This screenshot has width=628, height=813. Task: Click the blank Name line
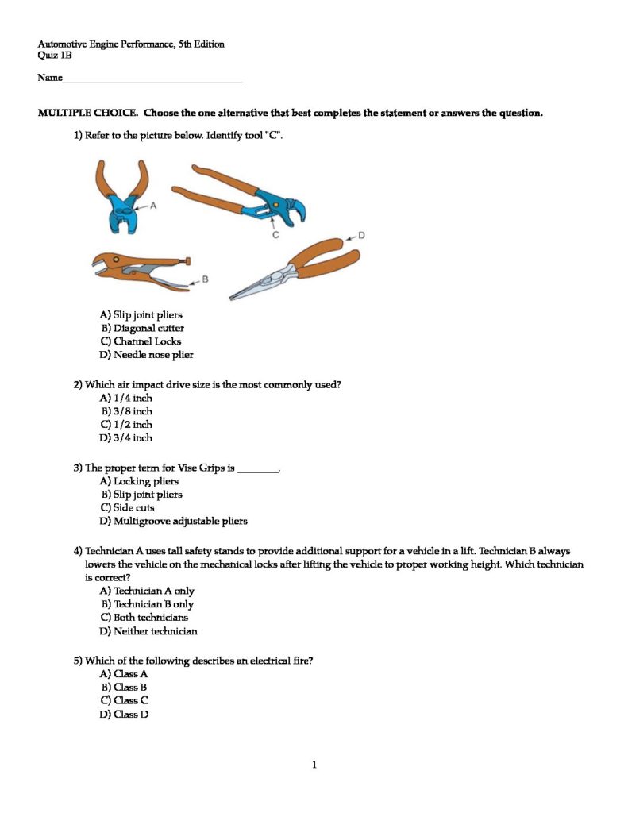click(151, 80)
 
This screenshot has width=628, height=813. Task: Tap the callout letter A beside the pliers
click(153, 205)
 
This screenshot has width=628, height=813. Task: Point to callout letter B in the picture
click(205, 279)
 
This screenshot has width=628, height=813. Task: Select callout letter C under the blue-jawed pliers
click(275, 235)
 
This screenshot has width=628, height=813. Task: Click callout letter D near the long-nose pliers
click(361, 235)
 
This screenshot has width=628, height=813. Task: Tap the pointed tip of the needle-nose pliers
click(232, 298)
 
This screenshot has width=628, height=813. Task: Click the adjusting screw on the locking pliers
click(188, 260)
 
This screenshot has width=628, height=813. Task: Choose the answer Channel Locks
click(147, 341)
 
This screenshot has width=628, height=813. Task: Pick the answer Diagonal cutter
click(148, 328)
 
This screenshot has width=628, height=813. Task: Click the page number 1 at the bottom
click(314, 765)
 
